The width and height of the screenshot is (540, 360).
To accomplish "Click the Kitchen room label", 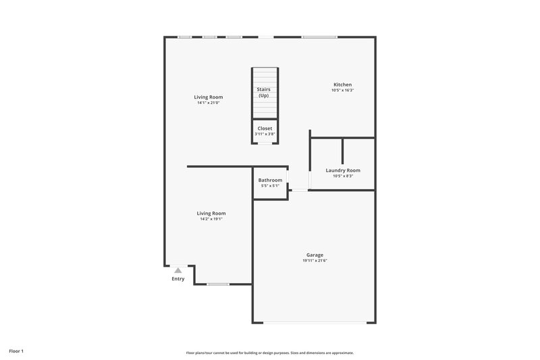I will point(342,84).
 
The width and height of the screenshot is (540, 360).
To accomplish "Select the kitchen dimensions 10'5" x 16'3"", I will point(342,91).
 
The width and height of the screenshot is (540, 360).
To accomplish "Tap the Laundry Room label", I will point(343,170).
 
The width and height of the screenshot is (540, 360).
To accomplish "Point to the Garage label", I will point(315,255).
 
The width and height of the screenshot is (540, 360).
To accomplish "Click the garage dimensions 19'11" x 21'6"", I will point(315,261).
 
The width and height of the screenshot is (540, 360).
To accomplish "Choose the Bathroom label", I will point(270,180).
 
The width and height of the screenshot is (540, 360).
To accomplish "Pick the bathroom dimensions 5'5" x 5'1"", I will point(270,186).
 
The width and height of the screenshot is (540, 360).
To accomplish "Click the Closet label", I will point(265,128).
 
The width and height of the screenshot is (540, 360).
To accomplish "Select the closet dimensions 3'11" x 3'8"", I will point(265,134).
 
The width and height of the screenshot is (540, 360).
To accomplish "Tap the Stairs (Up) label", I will point(263,92).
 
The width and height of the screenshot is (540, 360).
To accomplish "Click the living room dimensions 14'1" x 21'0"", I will point(210,103).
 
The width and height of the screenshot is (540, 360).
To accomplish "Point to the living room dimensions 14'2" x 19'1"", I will point(211,219).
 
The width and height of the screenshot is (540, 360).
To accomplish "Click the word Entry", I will point(178,278).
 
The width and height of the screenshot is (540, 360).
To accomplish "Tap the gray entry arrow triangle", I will point(178,270).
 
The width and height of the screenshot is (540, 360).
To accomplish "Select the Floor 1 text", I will point(16,351).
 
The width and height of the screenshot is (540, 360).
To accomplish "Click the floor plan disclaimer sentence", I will point(269,353).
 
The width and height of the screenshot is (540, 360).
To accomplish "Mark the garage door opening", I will point(315,322).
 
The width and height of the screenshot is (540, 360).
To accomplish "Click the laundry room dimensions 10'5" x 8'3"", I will point(343,176).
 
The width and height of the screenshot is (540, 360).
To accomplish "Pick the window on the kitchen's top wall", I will point(319,37).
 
